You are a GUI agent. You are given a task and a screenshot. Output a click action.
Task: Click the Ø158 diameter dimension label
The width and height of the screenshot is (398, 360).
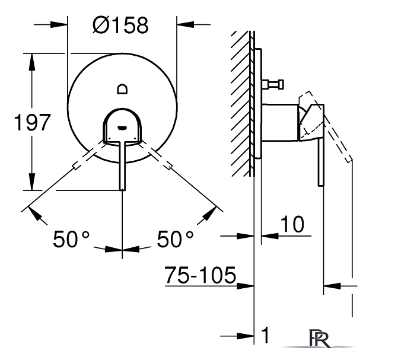[120, 25]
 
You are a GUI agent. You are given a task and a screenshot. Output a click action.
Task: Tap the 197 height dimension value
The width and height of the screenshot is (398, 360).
[32, 122]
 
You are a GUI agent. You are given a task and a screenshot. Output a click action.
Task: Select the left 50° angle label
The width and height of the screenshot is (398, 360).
[71, 239]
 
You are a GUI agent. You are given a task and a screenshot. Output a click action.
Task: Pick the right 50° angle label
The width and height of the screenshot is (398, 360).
[176, 239]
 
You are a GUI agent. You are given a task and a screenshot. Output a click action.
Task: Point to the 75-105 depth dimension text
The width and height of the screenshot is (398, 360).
[200, 275]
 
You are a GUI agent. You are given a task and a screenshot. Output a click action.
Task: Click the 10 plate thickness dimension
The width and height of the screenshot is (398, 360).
[292, 224]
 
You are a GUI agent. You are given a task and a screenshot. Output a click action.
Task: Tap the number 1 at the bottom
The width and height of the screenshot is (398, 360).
[265, 335]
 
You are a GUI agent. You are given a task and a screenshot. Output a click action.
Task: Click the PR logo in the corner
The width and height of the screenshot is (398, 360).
[319, 339]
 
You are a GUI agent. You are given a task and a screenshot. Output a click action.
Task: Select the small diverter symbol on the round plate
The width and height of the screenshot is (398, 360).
[122, 89]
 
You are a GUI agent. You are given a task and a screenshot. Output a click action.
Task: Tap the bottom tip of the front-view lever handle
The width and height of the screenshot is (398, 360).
[123, 189]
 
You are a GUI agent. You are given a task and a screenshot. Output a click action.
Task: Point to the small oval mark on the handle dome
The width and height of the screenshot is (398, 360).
[122, 127]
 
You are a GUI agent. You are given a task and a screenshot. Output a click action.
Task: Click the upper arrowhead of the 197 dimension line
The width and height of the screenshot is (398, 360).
[31, 62]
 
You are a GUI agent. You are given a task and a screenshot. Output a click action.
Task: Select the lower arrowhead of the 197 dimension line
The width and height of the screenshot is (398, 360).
[31, 181]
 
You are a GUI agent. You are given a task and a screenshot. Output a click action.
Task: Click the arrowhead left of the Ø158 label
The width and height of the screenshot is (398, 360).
[59, 25]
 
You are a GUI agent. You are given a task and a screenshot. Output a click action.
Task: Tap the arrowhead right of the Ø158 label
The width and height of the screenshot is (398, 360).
[186, 25]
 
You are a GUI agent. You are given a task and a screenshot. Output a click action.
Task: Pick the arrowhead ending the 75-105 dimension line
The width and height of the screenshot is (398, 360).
[246, 286]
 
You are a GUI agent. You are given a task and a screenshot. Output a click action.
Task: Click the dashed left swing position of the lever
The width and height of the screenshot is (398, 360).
[88, 155]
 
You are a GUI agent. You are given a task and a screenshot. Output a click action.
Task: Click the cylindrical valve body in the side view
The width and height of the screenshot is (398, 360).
[280, 122]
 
